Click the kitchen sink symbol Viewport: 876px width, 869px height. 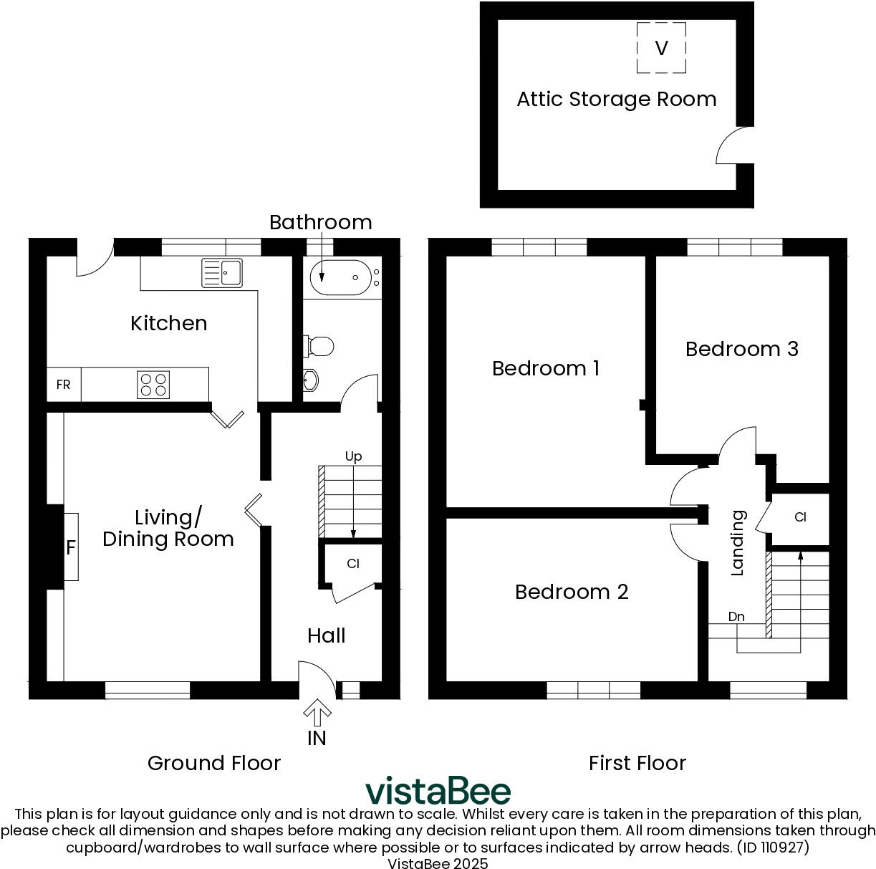221,273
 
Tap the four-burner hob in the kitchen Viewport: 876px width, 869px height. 154,385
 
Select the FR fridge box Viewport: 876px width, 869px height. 64,385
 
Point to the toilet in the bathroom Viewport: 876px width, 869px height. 319,346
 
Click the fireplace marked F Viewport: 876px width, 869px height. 70,547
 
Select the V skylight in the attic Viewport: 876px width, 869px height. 661,48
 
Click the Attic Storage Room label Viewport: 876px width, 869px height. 616,99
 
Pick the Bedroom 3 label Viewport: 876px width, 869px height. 741,349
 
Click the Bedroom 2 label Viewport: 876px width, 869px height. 572,592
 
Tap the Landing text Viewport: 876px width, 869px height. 737,542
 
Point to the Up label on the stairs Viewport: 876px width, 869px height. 353,456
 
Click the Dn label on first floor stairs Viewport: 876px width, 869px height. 736,617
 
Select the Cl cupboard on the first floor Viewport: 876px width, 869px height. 800,517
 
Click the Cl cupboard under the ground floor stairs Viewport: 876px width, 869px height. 352,564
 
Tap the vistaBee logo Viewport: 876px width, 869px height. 438,791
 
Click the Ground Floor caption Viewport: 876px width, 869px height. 213,763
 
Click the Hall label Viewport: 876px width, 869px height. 326,635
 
